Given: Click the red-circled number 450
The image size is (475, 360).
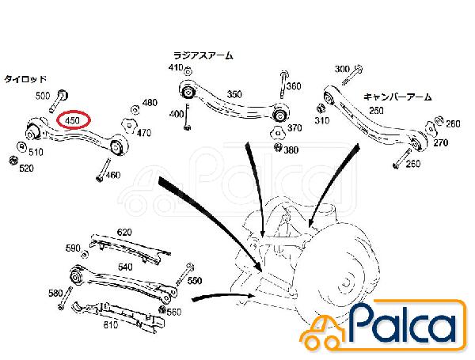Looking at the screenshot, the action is (x=72, y=120).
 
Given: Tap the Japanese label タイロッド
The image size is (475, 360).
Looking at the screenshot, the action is (x=25, y=79).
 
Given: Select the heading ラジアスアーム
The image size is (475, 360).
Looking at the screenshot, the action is (x=203, y=55).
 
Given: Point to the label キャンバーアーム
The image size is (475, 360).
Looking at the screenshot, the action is (x=397, y=97).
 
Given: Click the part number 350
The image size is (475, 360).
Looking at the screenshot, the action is (x=234, y=94).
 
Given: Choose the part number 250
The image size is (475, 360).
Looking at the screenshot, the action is (x=376, y=111).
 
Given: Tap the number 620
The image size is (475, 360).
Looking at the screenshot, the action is (x=124, y=233).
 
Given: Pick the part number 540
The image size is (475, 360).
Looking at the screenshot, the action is (x=125, y=267).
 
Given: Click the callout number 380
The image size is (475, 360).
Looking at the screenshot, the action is (x=291, y=150).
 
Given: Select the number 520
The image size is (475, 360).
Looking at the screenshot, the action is (x=26, y=169).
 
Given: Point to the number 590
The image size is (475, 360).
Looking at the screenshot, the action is (x=73, y=248).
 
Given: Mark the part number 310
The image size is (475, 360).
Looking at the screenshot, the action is (x=321, y=120).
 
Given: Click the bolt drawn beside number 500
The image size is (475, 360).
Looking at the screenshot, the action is (x=59, y=100).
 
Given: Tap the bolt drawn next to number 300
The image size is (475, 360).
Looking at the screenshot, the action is (x=352, y=75).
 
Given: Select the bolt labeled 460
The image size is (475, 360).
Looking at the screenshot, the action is (x=104, y=170).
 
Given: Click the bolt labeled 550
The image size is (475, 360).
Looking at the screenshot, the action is (x=185, y=275).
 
